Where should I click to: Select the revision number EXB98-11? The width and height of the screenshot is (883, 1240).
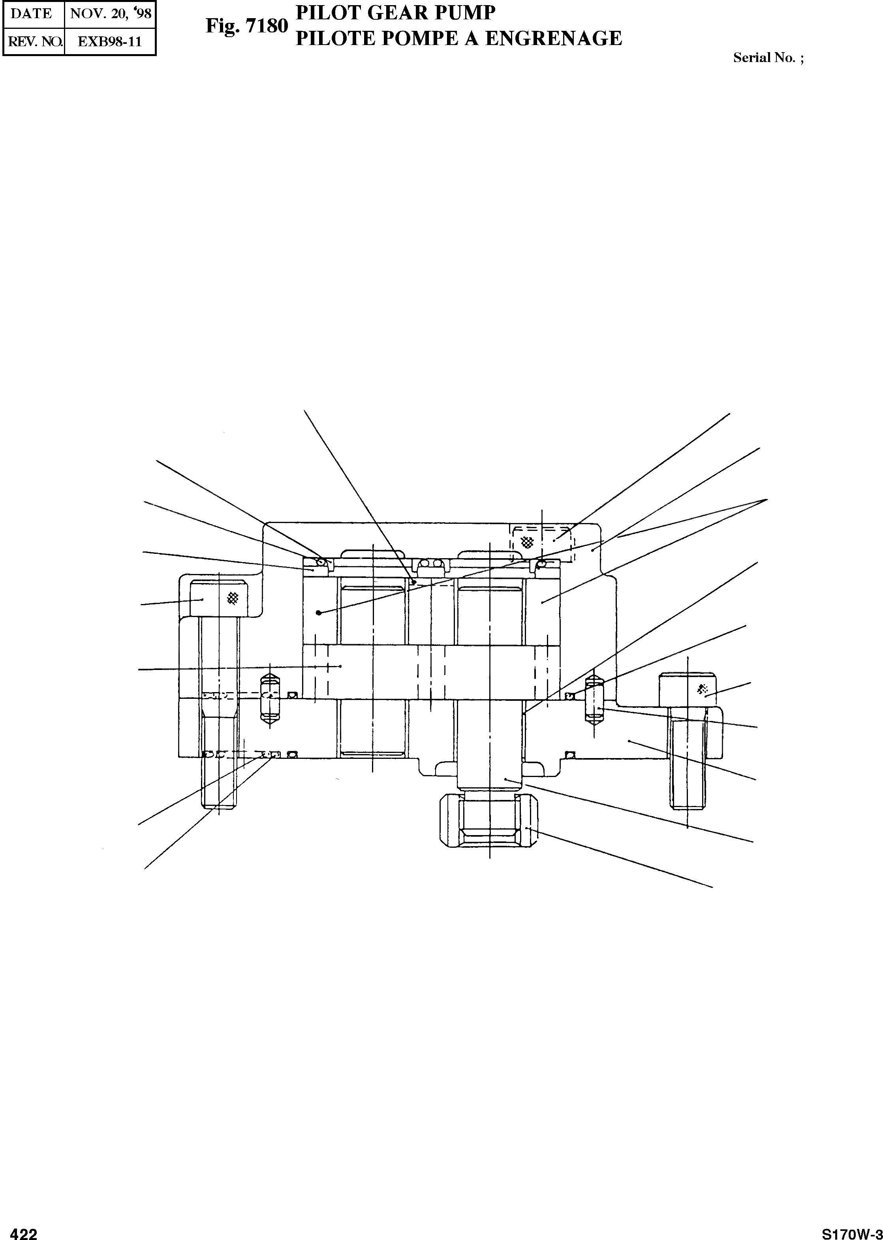click(x=110, y=42)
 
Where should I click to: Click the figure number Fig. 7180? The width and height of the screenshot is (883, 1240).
click(x=246, y=26)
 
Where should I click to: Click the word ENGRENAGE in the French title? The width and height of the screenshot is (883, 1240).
click(x=554, y=38)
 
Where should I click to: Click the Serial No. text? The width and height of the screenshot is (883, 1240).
click(x=768, y=58)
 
